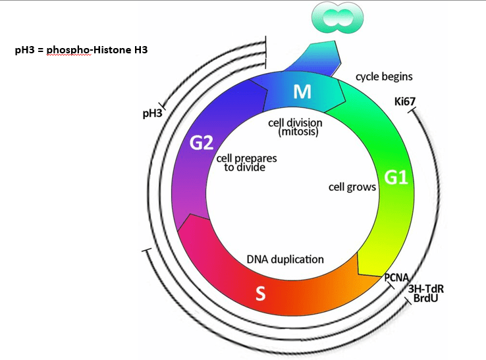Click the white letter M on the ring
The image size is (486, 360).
(302, 92)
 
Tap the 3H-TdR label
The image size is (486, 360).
(424, 289)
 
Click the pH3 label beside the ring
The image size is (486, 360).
(152, 114)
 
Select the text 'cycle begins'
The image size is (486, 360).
(384, 76)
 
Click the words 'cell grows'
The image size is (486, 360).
(352, 188)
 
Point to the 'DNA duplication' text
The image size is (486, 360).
(285, 259)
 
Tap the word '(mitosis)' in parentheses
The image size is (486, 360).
(298, 132)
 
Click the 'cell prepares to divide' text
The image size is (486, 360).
(246, 163)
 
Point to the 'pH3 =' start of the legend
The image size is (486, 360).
(28, 49)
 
